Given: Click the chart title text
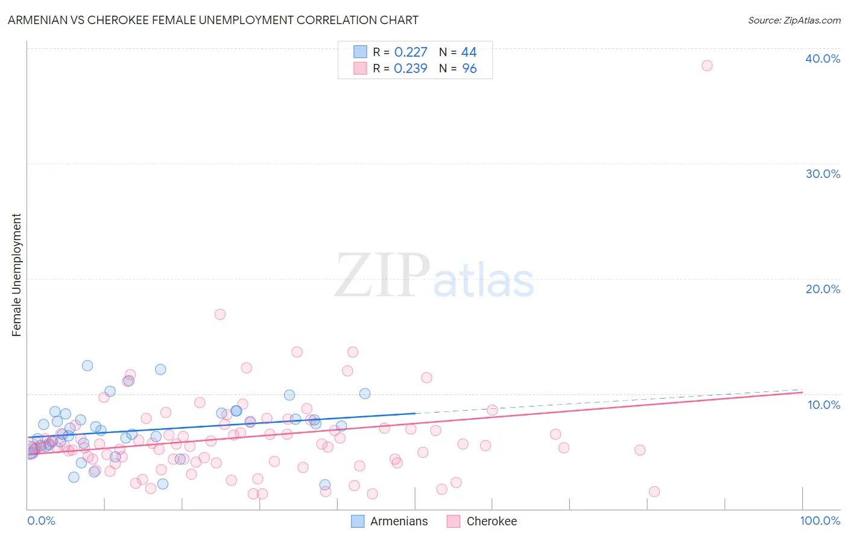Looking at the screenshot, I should point(213,21).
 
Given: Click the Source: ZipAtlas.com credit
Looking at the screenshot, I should point(794,21).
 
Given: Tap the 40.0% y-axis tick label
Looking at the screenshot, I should point(823,59).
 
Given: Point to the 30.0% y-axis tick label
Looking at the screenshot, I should point(823,174).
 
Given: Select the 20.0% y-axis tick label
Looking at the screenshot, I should point(823,290).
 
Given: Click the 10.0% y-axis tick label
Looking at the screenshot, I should point(824,405).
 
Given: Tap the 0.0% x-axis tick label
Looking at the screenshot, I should point(41,521).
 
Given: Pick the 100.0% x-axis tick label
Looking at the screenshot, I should point(820,521).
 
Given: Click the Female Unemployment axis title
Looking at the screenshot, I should point(17,275).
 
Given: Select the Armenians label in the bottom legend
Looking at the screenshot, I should point(399,522).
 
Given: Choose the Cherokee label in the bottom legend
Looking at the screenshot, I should point(492,522).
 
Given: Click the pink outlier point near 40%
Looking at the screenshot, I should point(707,66).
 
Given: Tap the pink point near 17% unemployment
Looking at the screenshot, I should point(220,314).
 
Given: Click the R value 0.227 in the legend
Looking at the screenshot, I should point(411,52).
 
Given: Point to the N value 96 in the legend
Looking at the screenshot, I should point(469,69).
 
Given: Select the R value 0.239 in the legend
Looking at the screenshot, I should point(411,69).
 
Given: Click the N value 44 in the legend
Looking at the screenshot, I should point(469,52).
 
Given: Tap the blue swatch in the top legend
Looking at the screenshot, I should point(360,52).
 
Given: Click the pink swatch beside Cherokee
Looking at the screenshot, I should point(454,522).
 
